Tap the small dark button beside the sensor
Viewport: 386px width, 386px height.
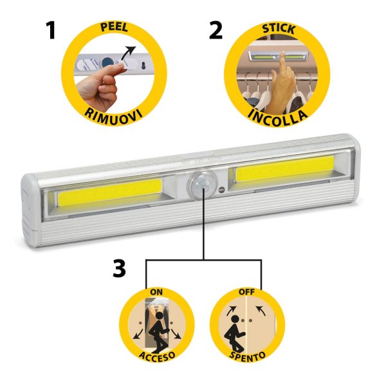tap(221, 189)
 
